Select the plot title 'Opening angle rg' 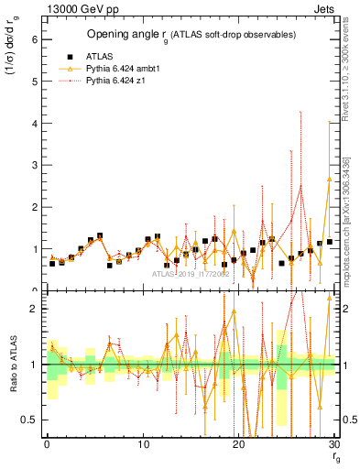(x=128, y=35)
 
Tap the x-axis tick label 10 (x=142, y=443)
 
